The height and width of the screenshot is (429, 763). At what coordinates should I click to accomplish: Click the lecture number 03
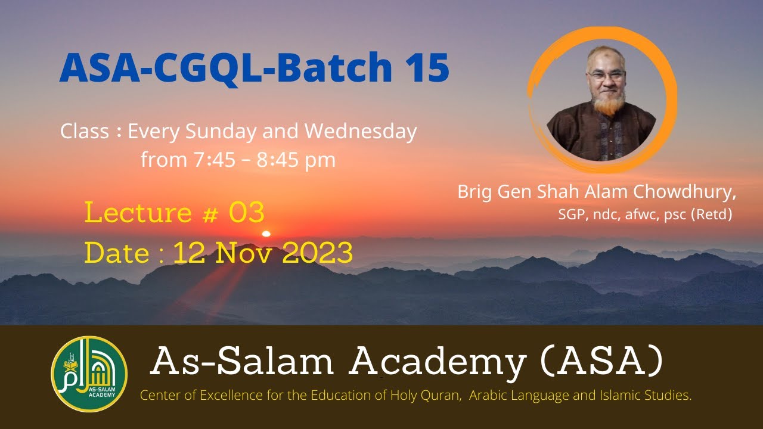[x=246, y=213]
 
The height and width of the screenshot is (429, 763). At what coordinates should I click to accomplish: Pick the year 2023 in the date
[x=317, y=253]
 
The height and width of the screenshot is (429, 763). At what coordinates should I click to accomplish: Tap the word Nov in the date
[x=243, y=253]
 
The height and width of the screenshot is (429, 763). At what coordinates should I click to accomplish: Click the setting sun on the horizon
[x=266, y=233]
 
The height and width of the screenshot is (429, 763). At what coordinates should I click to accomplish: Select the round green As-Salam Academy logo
[x=89, y=374]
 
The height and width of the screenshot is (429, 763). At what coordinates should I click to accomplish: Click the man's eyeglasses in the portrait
[x=606, y=76]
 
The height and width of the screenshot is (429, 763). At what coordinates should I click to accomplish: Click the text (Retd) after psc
[x=711, y=215]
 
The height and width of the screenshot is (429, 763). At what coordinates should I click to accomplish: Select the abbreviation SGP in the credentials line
[x=572, y=215]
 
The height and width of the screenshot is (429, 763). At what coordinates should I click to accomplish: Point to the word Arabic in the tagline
[x=488, y=396]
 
